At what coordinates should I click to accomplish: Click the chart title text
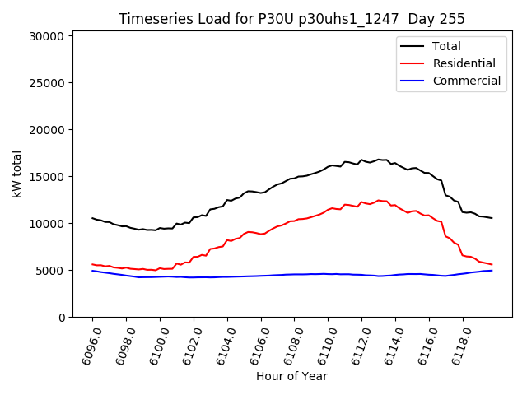click(291, 19)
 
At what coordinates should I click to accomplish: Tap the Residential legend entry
click(464, 63)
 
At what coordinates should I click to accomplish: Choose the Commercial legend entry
click(466, 81)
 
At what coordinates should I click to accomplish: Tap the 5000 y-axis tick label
click(51, 271)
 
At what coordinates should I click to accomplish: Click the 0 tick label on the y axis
click(61, 318)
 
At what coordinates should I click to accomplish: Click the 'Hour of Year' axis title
click(291, 376)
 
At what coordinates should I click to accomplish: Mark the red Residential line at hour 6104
click(227, 240)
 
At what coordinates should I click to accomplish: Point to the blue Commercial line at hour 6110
click(328, 274)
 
